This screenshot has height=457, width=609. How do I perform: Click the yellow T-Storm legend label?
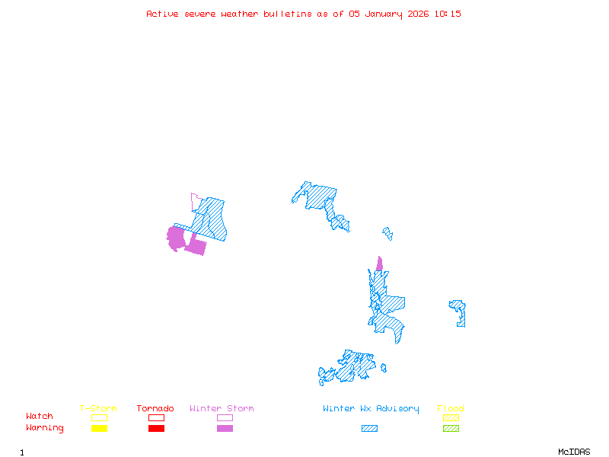click(98, 409)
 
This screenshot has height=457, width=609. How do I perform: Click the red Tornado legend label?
click(155, 409)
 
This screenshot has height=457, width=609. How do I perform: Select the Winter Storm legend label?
click(222, 409)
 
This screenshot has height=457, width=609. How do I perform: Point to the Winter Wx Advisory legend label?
click(371, 409)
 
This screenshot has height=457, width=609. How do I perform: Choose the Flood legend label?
click(451, 409)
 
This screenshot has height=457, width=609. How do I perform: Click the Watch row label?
click(40, 417)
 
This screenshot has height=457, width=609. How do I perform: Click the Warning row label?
click(45, 428)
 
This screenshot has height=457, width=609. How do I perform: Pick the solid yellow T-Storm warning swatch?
click(99, 429)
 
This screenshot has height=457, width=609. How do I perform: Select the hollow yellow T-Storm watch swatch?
click(99, 417)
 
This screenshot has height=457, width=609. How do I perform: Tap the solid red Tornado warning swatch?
click(156, 429)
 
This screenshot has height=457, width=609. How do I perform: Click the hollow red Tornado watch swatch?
click(156, 417)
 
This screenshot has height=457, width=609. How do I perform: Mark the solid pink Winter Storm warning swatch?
click(225, 429)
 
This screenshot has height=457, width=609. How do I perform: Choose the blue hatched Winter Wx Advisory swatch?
click(369, 429)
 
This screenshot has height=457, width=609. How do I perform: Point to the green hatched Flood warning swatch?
click(451, 429)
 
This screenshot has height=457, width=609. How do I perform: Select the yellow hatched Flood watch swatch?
click(451, 417)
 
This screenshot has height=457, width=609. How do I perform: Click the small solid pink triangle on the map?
click(379, 264)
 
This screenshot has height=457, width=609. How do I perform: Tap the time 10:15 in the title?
click(448, 14)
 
